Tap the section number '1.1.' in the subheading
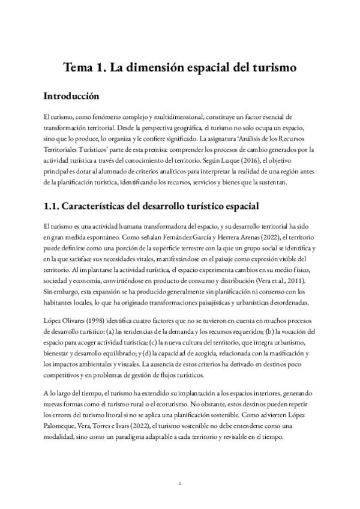tap(55, 206)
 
